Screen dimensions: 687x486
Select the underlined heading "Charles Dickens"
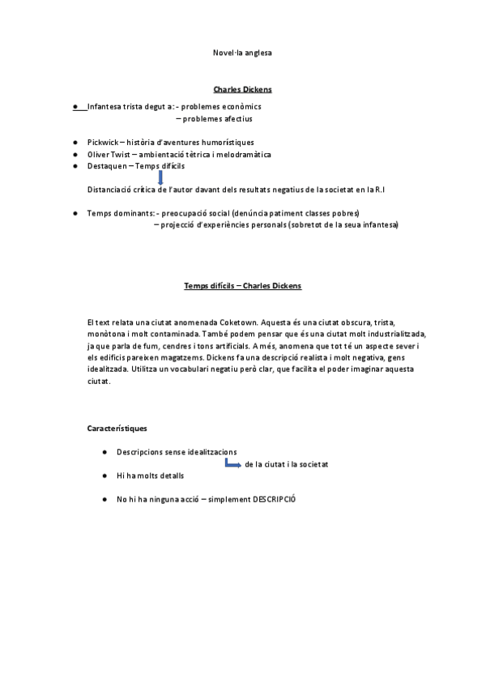[x=242, y=89]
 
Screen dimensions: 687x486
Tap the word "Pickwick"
[x=102, y=143]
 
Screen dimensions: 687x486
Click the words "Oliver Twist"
[x=108, y=154]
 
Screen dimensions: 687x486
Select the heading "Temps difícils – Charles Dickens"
[x=243, y=286]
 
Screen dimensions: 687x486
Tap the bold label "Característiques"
[x=117, y=428]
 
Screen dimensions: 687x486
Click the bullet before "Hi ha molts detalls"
[x=105, y=476]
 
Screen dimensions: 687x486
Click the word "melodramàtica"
[x=241, y=154]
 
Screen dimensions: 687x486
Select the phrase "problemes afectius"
[x=218, y=118]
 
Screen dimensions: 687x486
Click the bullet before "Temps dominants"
[x=75, y=213]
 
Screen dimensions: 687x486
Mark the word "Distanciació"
[x=112, y=190]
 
